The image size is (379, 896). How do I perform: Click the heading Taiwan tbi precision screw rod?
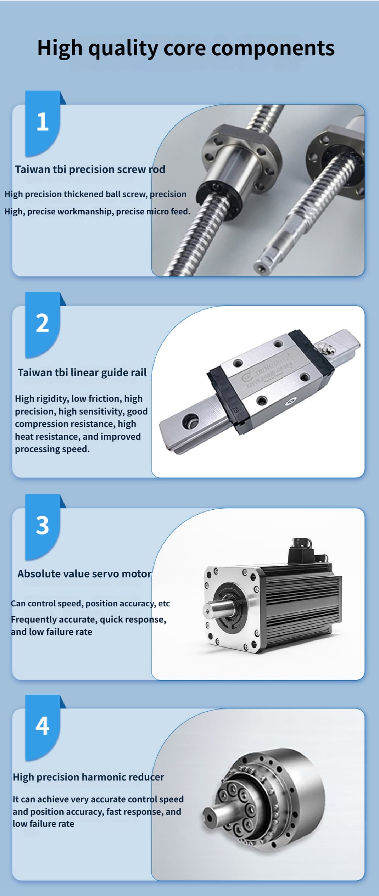click(x=90, y=170)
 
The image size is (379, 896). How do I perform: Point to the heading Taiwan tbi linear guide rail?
click(x=82, y=373)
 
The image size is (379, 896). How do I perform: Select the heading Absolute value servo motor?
click(x=85, y=574)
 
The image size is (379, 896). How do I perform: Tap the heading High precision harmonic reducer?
click(x=88, y=777)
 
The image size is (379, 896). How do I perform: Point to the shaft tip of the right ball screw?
click(x=261, y=267)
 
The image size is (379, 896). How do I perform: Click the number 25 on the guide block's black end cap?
click(x=236, y=410)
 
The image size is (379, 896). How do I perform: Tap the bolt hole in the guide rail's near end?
click(x=190, y=420)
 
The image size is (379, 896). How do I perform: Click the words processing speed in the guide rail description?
click(x=52, y=450)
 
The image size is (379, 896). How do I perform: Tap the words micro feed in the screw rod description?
click(x=168, y=212)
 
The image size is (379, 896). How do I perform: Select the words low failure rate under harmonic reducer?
click(x=43, y=824)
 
